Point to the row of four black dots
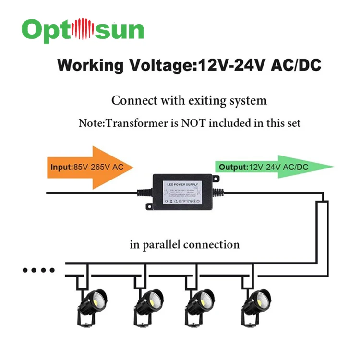39,270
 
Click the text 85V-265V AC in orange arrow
98,168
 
